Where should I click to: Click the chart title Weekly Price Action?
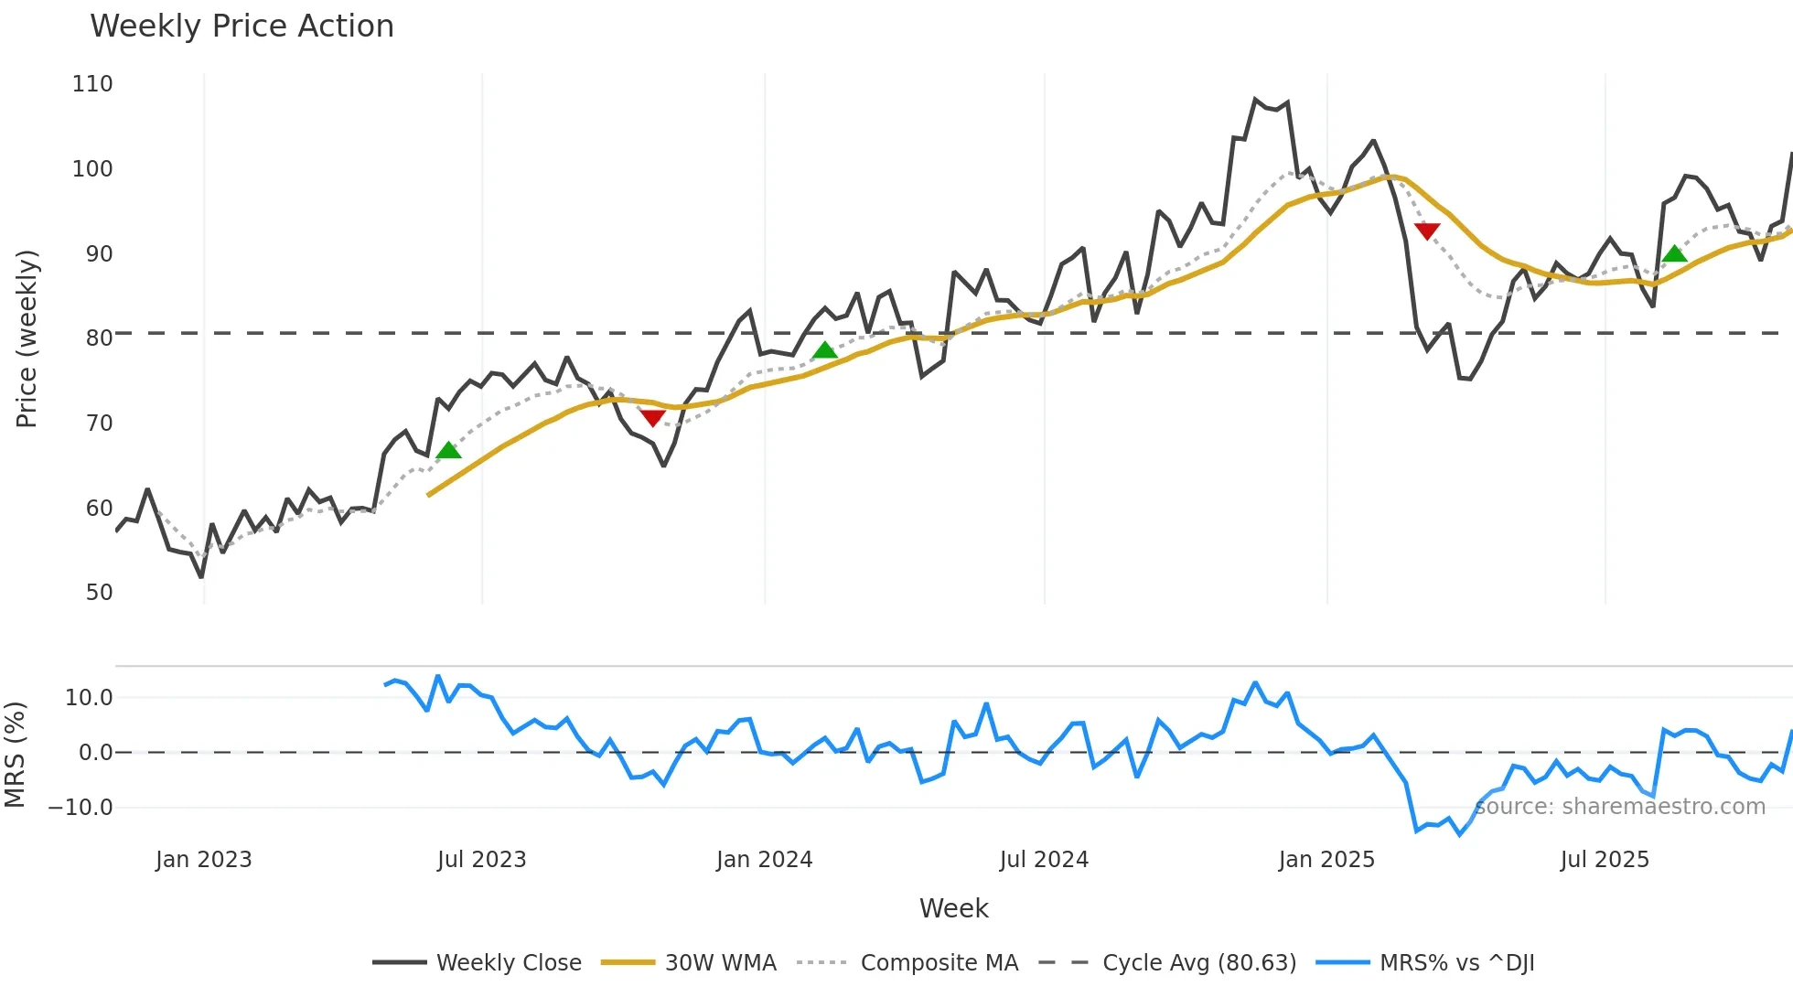pyautogui.click(x=242, y=27)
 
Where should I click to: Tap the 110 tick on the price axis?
pyautogui.click(x=92, y=84)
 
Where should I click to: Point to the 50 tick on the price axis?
pyautogui.click(x=99, y=593)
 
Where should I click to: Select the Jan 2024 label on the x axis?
pyautogui.click(x=764, y=860)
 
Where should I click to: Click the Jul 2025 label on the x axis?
pyautogui.click(x=1605, y=860)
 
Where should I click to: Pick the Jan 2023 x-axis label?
pyautogui.click(x=203, y=860)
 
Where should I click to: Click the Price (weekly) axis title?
pyautogui.click(x=27, y=338)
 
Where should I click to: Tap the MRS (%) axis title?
pyautogui.click(x=16, y=755)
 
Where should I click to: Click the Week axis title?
pyautogui.click(x=953, y=908)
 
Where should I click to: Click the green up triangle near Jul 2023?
pyautogui.click(x=448, y=450)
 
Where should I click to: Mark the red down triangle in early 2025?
pyautogui.click(x=1426, y=231)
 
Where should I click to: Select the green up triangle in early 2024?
pyautogui.click(x=824, y=350)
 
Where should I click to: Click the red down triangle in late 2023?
pyautogui.click(x=652, y=418)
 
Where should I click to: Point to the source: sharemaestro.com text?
pyautogui.click(x=1620, y=807)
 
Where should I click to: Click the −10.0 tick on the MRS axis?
pyautogui.click(x=81, y=808)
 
